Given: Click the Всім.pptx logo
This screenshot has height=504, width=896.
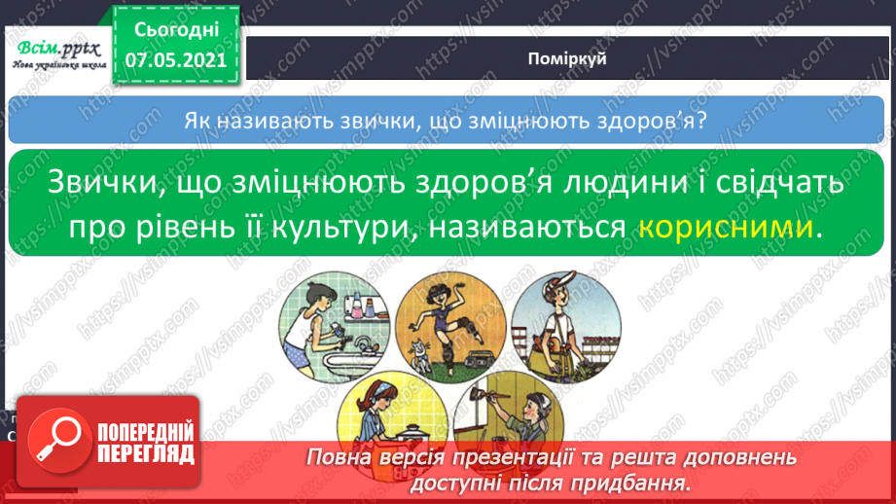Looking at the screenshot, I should coord(58,49).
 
